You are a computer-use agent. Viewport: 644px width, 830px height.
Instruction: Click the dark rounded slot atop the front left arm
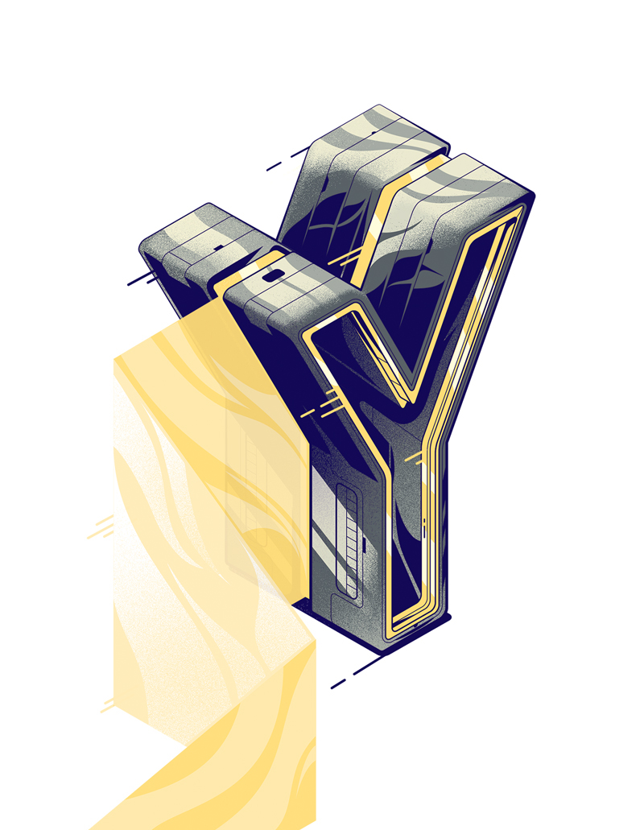[273, 275]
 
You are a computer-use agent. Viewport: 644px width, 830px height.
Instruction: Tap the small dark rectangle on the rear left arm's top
[218, 247]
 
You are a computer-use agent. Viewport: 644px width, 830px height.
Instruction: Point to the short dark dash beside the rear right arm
[274, 166]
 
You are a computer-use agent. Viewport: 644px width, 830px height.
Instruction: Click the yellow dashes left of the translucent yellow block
[101, 527]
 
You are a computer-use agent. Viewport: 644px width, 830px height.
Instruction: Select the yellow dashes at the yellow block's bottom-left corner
[107, 705]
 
